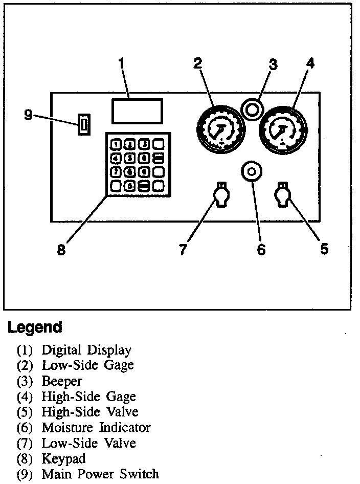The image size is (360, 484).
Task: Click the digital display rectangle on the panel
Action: [137, 111]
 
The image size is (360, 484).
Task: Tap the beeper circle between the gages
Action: [251, 108]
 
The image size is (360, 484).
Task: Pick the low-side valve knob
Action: [221, 195]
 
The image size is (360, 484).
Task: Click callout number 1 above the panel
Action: [121, 64]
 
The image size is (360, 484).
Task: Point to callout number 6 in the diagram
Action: [261, 250]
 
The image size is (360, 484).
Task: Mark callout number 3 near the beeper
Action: [273, 64]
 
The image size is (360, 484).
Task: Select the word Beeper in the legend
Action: [62, 381]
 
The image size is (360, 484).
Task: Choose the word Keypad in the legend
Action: [63, 458]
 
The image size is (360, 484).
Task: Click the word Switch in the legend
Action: [140, 474]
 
